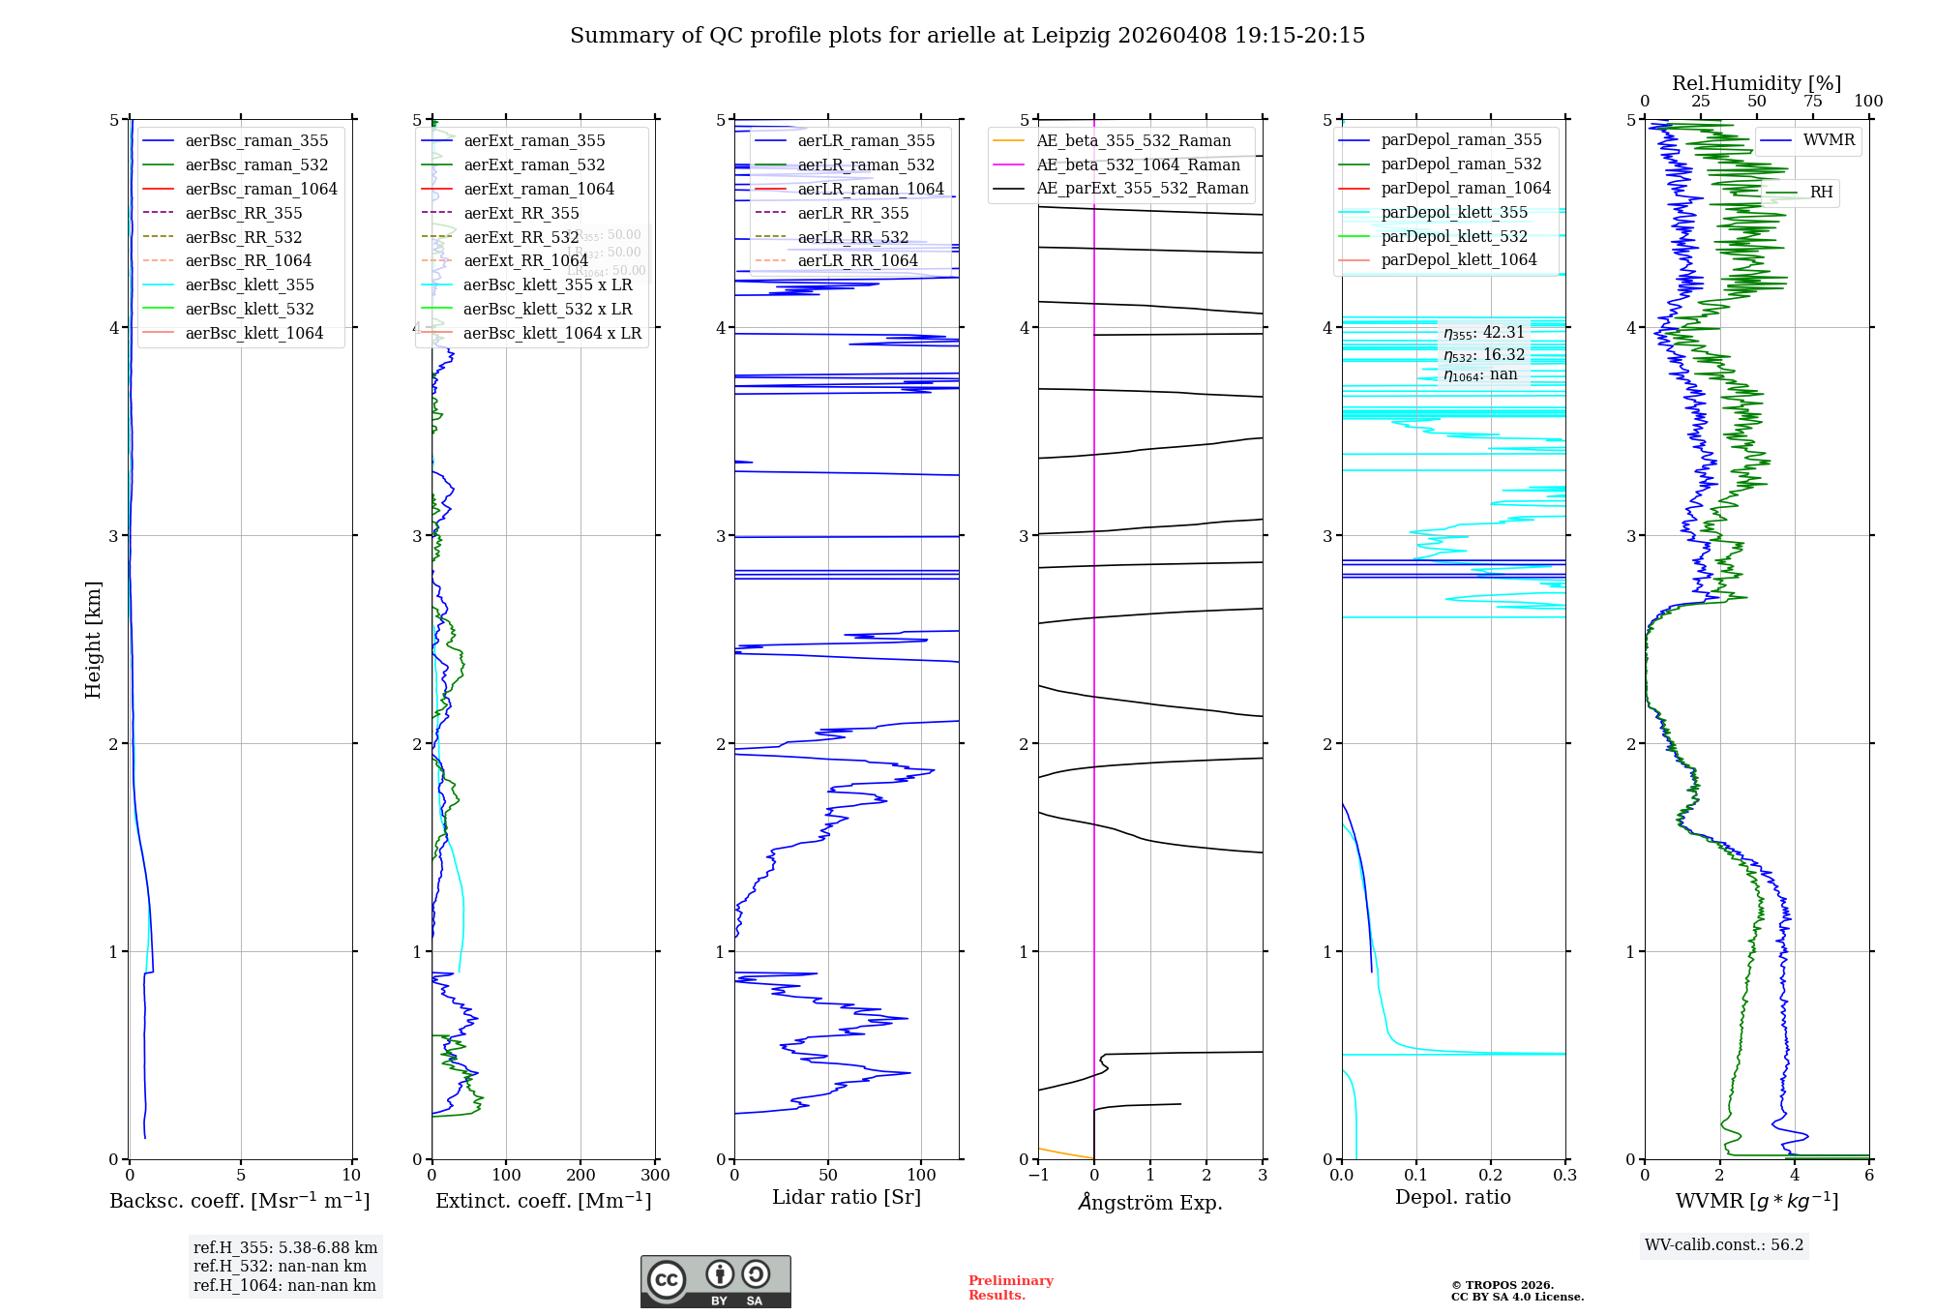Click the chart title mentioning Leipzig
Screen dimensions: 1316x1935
pos(967,36)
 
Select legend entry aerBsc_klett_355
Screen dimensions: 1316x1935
pos(250,284)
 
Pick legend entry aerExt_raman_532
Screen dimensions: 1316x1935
pos(534,164)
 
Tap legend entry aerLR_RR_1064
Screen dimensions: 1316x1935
pos(857,260)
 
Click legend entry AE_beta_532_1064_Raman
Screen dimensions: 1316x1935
pos(1138,164)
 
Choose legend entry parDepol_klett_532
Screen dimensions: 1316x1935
pos(1454,236)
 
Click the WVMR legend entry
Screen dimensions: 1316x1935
pos(1829,140)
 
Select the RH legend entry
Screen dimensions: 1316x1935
pos(1821,193)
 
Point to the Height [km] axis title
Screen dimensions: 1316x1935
pos(93,640)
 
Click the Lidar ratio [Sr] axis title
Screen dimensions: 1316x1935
pos(847,1197)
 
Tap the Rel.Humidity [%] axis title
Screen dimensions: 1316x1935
pos(1756,83)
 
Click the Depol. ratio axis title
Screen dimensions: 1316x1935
pos(1452,1197)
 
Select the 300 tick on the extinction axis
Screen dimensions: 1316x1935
pos(655,1176)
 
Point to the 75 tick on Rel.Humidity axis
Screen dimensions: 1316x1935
pos(1812,102)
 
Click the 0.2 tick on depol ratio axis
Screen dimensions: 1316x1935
pos(1491,1176)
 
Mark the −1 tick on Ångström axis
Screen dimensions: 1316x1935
pos(1038,1176)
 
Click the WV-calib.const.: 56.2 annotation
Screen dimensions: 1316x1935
pos(1724,1244)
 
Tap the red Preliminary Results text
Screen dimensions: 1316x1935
pos(1010,1288)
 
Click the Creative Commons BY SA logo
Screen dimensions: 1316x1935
pos(715,1282)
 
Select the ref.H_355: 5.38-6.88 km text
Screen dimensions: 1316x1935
pos(285,1248)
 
